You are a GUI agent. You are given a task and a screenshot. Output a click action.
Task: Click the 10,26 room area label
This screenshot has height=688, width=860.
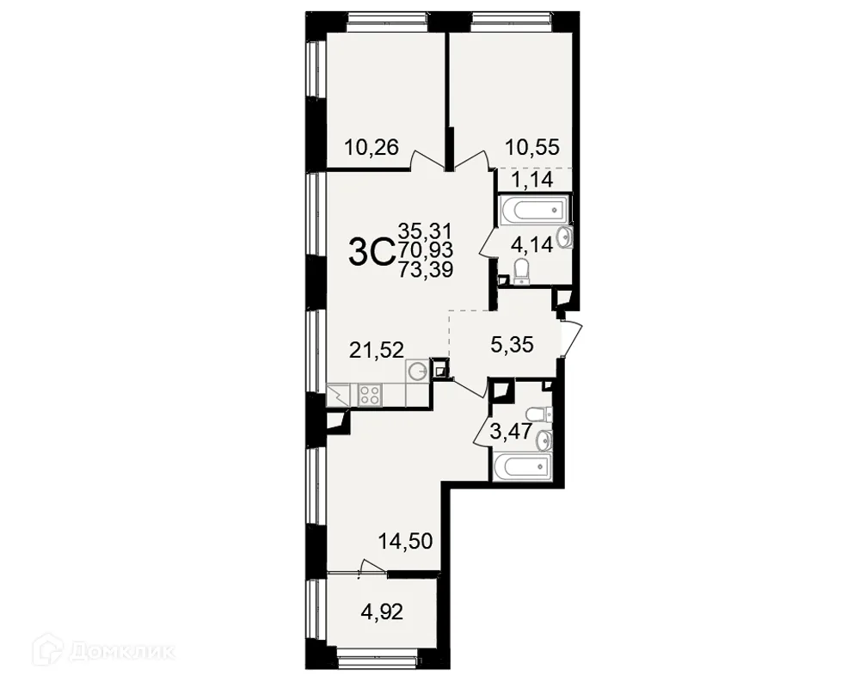pyautogui.click(x=371, y=147)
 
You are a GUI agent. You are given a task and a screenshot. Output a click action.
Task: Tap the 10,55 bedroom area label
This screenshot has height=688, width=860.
pyautogui.click(x=532, y=147)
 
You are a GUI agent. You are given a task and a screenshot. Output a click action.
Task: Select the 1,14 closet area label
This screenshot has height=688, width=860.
pyautogui.click(x=532, y=179)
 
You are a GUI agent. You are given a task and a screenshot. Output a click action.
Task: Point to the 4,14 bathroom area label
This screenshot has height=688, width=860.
pyautogui.click(x=531, y=244)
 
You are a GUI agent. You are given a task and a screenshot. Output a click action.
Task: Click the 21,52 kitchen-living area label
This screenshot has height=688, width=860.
pyautogui.click(x=377, y=348)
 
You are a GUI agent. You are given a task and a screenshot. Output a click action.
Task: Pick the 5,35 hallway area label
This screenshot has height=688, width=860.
pyautogui.click(x=512, y=345)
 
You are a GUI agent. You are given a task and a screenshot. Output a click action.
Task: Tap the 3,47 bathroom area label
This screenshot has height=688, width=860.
pyautogui.click(x=511, y=431)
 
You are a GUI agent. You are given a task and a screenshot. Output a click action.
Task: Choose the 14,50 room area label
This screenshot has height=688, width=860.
pyautogui.click(x=405, y=541)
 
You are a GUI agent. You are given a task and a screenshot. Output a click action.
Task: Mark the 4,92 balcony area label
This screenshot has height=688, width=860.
pyautogui.click(x=382, y=611)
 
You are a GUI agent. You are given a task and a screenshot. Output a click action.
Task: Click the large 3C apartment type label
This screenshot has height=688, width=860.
pyautogui.click(x=372, y=252)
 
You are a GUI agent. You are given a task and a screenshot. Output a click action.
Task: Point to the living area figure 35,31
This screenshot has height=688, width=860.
pyautogui.click(x=426, y=230)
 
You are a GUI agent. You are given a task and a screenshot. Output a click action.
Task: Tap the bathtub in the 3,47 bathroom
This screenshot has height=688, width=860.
pyautogui.click(x=521, y=466)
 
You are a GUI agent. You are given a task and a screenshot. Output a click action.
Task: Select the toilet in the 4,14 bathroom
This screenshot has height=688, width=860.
pyautogui.click(x=522, y=271)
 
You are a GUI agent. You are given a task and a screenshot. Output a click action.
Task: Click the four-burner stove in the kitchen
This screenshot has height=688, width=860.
pyautogui.click(x=370, y=395)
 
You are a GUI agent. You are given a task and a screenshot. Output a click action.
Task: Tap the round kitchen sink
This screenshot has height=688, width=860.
pyautogui.click(x=417, y=372)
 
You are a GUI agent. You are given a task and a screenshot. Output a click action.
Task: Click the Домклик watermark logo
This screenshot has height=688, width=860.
pyautogui.click(x=104, y=651)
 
